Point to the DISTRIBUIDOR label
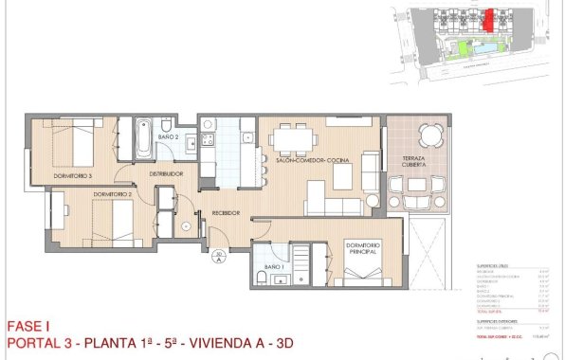point(165,174)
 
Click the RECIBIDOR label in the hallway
point(225,213)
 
